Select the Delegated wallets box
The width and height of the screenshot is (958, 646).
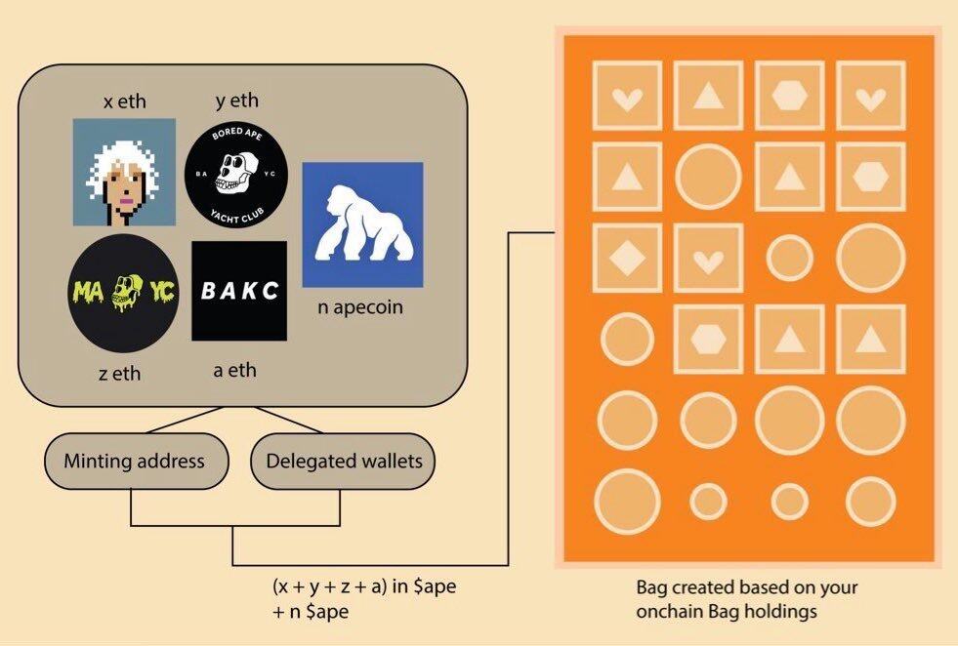click(x=343, y=461)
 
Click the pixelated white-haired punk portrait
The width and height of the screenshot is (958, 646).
click(x=125, y=172)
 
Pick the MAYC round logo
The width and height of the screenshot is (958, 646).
click(x=123, y=293)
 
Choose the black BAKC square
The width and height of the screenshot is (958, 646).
click(x=239, y=291)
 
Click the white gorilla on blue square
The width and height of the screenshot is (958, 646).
click(x=363, y=224)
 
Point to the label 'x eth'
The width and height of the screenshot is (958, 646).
click(x=125, y=101)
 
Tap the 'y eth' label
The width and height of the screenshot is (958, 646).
click(x=237, y=101)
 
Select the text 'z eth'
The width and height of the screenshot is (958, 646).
click(x=120, y=373)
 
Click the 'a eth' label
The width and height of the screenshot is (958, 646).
click(x=235, y=370)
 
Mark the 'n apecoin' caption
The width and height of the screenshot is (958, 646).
click(x=360, y=307)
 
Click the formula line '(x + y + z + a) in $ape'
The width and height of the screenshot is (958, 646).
click(x=364, y=586)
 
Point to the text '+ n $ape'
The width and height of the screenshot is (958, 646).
click(x=311, y=611)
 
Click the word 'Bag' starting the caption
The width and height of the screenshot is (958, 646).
click(x=651, y=587)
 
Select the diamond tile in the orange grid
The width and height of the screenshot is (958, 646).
click(x=628, y=258)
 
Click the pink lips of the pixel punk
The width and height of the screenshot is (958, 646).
click(x=127, y=201)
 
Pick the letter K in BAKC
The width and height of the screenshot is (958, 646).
click(x=250, y=291)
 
